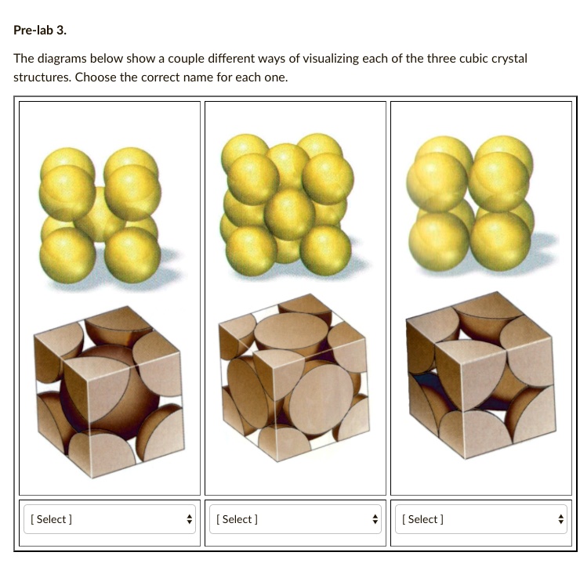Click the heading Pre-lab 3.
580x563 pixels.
pyautogui.click(x=39, y=31)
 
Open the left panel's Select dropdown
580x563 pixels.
pyautogui.click(x=109, y=519)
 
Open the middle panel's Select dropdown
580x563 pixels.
pyautogui.click(x=295, y=519)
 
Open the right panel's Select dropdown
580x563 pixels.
pyautogui.click(x=480, y=519)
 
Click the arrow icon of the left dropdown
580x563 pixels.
pyautogui.click(x=188, y=519)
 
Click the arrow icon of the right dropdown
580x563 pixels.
pyautogui.click(x=560, y=519)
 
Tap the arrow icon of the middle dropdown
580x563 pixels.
pyautogui.click(x=374, y=519)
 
